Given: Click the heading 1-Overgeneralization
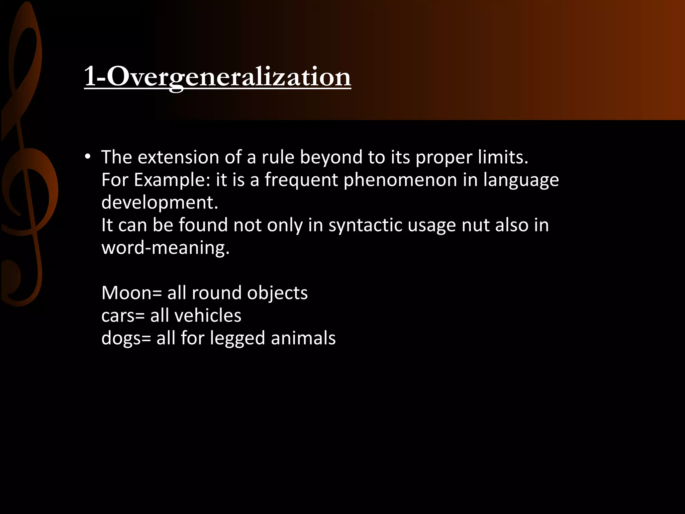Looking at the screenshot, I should (x=217, y=77).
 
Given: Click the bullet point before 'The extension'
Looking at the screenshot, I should (x=88, y=157).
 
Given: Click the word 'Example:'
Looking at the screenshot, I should (x=172, y=180).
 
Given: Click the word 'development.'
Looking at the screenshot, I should (x=160, y=202).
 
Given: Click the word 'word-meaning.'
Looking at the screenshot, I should (x=166, y=248).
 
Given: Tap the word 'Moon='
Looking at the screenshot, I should (x=131, y=293).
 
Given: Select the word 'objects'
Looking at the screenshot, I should (x=277, y=293).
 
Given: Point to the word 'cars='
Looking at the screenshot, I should (x=123, y=316).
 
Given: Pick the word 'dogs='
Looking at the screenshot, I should (x=126, y=338).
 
